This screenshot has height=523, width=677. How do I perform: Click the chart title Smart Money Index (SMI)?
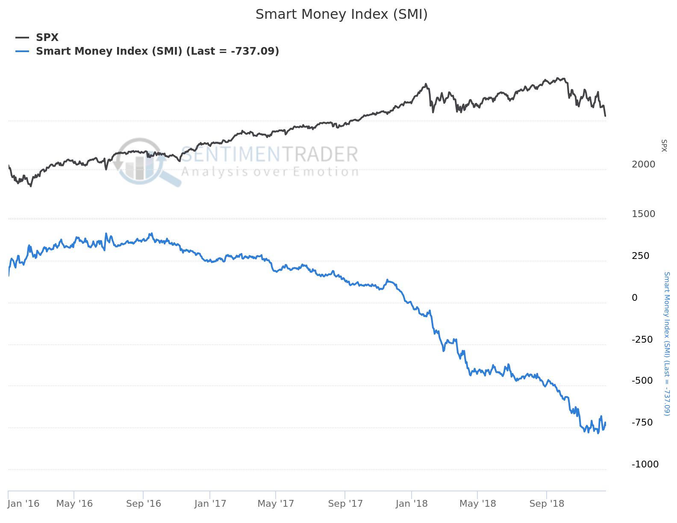tap(341, 15)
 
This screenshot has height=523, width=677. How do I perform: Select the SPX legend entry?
tap(47, 38)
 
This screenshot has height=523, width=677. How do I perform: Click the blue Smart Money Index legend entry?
tap(157, 51)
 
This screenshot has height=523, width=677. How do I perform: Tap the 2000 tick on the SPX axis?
tap(643, 165)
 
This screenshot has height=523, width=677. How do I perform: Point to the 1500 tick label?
tap(643, 214)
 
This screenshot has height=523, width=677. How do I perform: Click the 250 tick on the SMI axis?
tap(640, 256)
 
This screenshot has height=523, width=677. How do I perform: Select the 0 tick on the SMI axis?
tap(635, 298)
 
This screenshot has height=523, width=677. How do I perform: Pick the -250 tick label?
tap(642, 340)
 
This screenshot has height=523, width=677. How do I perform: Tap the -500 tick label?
tap(642, 381)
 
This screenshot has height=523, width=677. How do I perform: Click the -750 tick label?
tap(642, 423)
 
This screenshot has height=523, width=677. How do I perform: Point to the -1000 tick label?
tap(645, 464)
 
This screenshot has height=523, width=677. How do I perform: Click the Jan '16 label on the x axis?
tap(24, 504)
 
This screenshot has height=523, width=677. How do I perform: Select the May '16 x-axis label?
tap(74, 504)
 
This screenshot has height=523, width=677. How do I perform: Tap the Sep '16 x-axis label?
tap(144, 504)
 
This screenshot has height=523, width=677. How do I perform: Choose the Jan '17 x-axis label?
tap(210, 504)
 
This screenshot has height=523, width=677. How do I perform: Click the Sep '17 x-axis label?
tap(345, 504)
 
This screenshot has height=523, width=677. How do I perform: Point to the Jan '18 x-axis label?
tap(412, 504)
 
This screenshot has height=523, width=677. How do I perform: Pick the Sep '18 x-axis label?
tap(547, 504)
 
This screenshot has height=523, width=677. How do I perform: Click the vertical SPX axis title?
tap(664, 145)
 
